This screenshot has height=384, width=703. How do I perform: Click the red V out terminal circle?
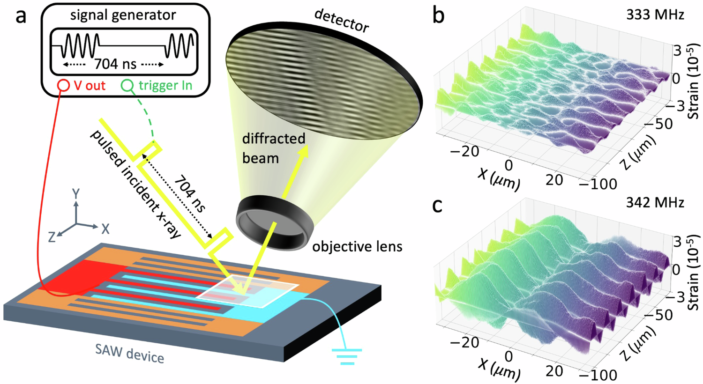click(x=64, y=86)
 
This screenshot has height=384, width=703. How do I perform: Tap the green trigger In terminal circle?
click(x=127, y=86)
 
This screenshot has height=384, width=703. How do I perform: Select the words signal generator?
click(x=123, y=15)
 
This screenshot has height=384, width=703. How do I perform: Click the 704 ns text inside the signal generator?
click(x=115, y=63)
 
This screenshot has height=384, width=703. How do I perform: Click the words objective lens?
click(x=357, y=246)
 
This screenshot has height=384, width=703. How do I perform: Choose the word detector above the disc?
click(x=341, y=21)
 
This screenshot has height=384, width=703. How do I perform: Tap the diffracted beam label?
click(x=273, y=148)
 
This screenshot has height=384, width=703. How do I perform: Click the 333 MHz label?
click(x=655, y=15)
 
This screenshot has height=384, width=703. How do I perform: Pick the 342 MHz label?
click(x=655, y=202)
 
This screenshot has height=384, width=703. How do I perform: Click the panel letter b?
click(x=438, y=16)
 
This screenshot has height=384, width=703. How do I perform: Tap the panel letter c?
click(x=438, y=205)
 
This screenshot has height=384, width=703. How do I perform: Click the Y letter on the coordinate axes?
click(x=75, y=193)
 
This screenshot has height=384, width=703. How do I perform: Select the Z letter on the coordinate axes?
click(x=52, y=237)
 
